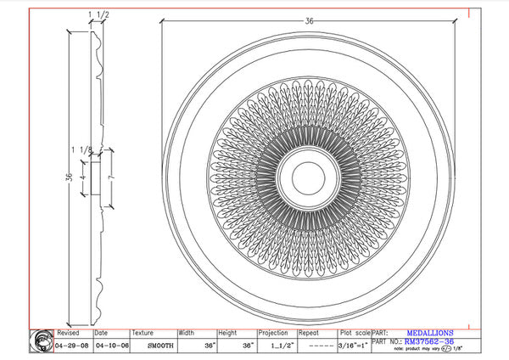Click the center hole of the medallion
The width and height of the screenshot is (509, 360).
tap(303, 176)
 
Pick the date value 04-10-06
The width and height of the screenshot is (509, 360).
tap(109, 347)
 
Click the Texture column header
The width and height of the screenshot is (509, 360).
tap(144, 334)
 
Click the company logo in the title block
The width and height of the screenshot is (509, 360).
tap(42, 340)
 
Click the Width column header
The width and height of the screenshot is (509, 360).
tap(187, 334)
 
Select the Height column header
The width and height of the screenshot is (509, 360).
tap(227, 334)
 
